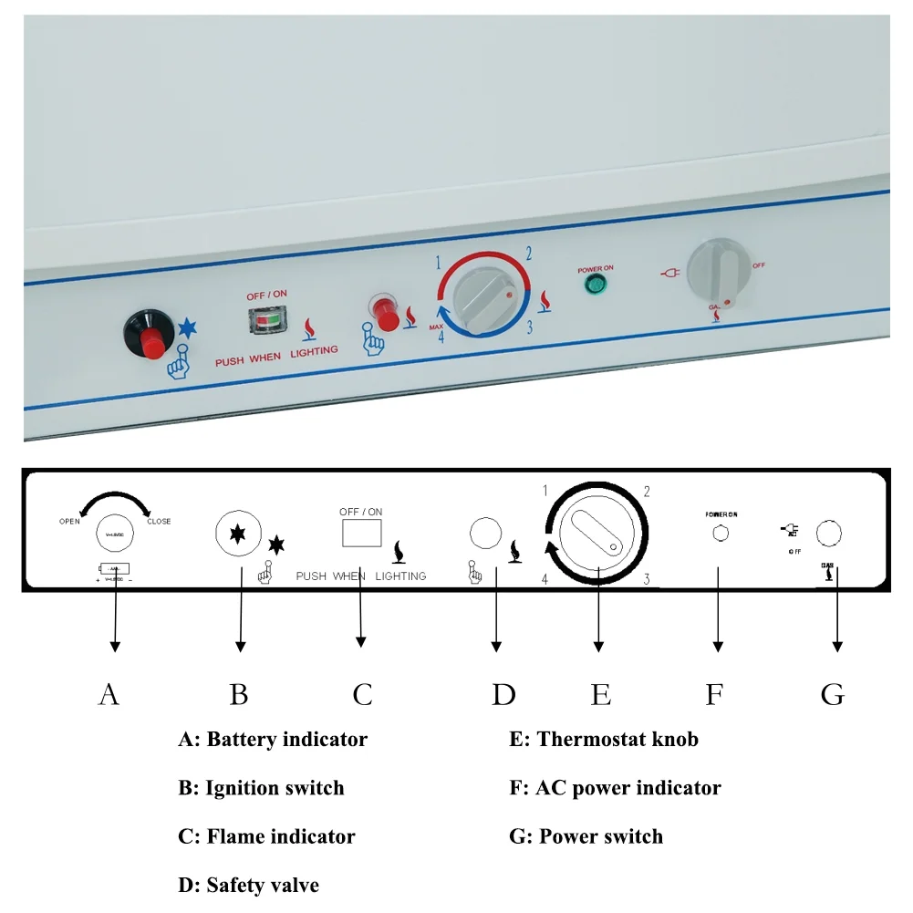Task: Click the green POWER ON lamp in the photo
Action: (x=594, y=286)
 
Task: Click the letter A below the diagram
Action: (x=109, y=695)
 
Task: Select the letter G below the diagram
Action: (x=832, y=695)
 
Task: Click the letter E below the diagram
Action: (x=600, y=695)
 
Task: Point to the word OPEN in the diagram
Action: (x=69, y=522)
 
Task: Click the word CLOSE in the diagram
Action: (x=158, y=522)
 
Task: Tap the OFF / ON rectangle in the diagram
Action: (x=361, y=534)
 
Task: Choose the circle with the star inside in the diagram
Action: (x=236, y=532)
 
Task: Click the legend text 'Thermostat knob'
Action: (x=617, y=739)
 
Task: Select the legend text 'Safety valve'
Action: (x=263, y=885)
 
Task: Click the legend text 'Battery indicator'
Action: (x=286, y=739)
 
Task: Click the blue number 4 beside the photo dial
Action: (x=441, y=337)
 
